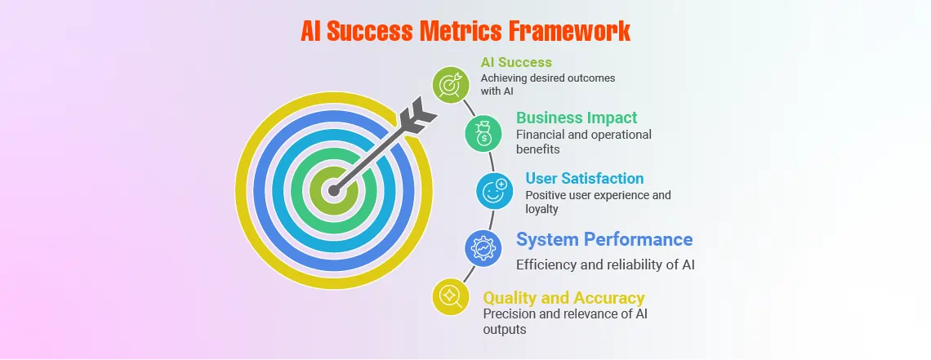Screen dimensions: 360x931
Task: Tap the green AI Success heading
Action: [516, 62]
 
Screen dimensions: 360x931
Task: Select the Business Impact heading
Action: [577, 118]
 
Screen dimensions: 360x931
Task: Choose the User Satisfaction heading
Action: [584, 178]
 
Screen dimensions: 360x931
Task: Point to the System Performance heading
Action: [604, 239]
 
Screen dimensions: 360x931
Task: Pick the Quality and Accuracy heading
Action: [563, 297]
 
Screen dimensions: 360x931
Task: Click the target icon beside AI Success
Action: [450, 84]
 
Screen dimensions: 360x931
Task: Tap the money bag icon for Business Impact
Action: [483, 133]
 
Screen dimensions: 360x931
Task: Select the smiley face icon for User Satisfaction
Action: [495, 191]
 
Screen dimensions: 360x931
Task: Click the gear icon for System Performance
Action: [483, 247]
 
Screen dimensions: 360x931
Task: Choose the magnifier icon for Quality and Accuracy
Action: [450, 296]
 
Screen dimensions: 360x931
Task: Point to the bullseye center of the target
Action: [333, 191]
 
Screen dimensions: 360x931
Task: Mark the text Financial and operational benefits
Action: [583, 142]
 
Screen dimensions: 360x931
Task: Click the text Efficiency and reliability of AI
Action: [605, 264]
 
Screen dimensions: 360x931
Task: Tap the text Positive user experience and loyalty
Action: [598, 202]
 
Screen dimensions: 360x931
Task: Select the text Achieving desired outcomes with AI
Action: [547, 84]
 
